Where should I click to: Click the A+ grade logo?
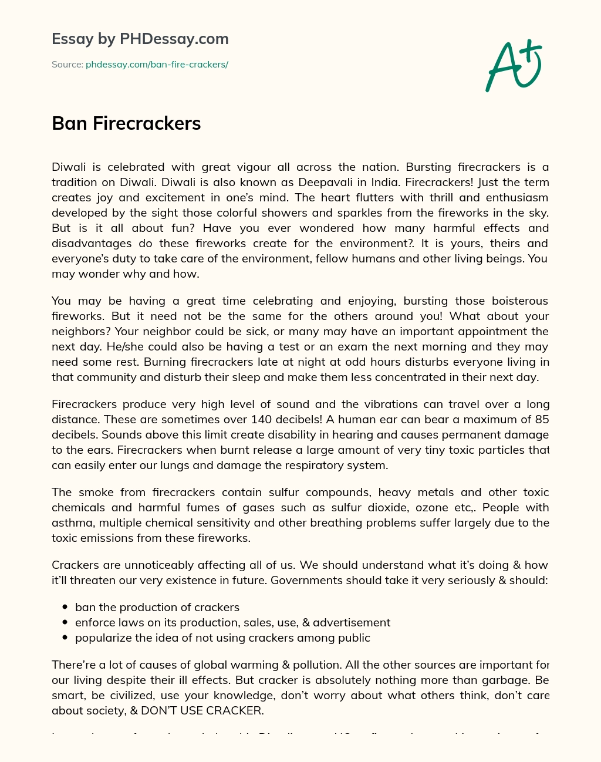pyautogui.click(x=514, y=65)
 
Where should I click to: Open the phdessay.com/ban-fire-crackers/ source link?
pyautogui.click(x=157, y=65)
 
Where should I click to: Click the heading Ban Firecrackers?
pyautogui.click(x=126, y=123)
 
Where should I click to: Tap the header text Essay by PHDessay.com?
pyautogui.click(x=140, y=39)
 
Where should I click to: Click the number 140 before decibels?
pyautogui.click(x=261, y=419)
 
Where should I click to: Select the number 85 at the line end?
pyautogui.click(x=542, y=419)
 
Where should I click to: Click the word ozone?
pyautogui.click(x=432, y=507)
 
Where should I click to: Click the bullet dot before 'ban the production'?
pyautogui.click(x=65, y=608)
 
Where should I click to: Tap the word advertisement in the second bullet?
pyautogui.click(x=352, y=622)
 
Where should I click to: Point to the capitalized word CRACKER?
pyautogui.click(x=233, y=710)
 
